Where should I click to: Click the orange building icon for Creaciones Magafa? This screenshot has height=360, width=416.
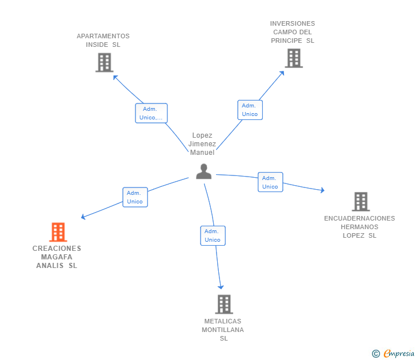(x=58, y=232)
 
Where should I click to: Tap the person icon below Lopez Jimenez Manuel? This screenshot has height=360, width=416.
(x=204, y=171)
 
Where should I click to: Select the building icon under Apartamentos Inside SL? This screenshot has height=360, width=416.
(x=105, y=63)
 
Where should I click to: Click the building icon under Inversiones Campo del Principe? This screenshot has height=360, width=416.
(x=294, y=58)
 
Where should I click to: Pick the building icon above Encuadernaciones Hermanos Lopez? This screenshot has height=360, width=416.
(x=361, y=202)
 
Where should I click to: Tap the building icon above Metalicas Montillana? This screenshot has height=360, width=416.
(x=224, y=305)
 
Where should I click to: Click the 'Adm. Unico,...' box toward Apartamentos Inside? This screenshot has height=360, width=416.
(x=151, y=113)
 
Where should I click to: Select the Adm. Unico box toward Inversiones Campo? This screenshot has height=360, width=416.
(x=250, y=110)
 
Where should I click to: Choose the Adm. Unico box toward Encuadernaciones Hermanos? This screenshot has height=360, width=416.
(x=270, y=182)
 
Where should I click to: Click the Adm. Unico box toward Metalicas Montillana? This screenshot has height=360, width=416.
(x=213, y=235)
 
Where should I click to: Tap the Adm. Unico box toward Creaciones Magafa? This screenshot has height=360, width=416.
(x=135, y=197)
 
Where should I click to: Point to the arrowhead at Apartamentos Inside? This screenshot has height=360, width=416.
(x=115, y=77)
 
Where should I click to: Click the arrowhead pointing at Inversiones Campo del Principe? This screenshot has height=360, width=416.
(x=282, y=73)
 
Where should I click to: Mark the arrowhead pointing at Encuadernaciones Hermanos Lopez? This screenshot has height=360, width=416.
(x=322, y=190)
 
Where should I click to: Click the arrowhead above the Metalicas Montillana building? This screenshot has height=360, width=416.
(x=221, y=287)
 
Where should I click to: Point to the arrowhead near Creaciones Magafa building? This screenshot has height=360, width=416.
(x=83, y=217)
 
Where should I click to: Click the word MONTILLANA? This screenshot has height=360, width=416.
(x=223, y=330)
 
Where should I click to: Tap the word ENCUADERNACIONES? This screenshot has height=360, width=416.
(x=359, y=218)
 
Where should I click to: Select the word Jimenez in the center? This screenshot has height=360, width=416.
(x=202, y=144)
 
